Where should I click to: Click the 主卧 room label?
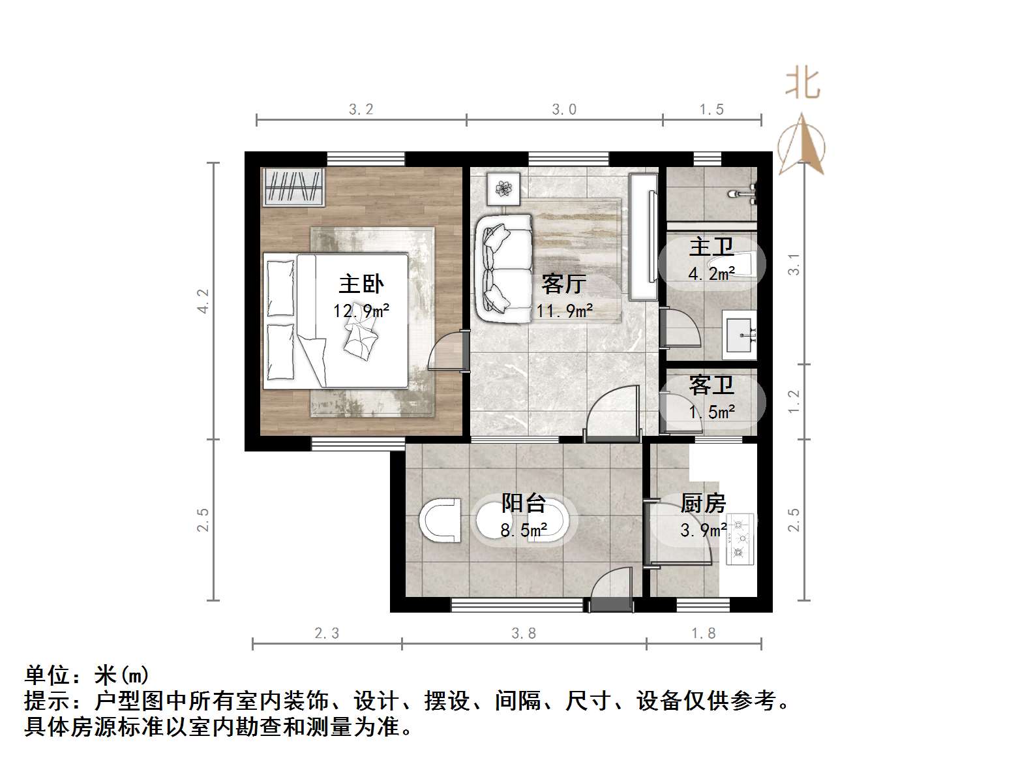point(361,284)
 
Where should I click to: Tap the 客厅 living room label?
point(563,284)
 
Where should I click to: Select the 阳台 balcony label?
point(523,503)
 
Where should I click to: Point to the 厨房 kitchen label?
point(702,503)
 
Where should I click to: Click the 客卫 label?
point(711,386)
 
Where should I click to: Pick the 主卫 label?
point(711,247)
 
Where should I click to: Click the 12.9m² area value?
point(361,311)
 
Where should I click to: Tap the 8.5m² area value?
point(523,530)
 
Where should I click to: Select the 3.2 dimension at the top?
point(361,110)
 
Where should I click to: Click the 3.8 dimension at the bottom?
point(524,633)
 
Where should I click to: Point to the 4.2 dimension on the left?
point(203,301)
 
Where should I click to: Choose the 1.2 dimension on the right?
point(794,401)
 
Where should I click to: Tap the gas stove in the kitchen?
point(740,539)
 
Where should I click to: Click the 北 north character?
point(803,84)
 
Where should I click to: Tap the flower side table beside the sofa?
point(503,189)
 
